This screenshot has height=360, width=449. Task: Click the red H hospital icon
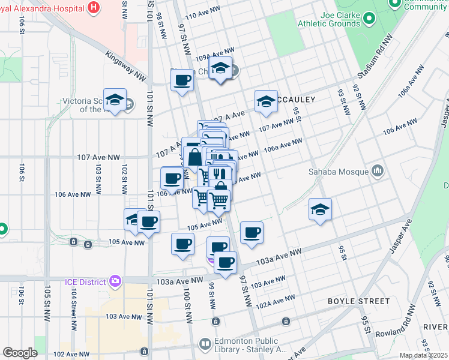pyautogui.click(x=93, y=8)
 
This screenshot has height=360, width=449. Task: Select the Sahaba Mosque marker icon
pyautogui.click(x=377, y=172)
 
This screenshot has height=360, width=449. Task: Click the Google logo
pyautogui.click(x=20, y=353)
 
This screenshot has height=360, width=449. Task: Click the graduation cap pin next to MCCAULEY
pyautogui.click(x=266, y=101)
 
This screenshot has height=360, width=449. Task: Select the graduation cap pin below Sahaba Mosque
pyautogui.click(x=321, y=209)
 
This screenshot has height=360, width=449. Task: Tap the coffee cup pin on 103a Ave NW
pyautogui.click(x=225, y=263)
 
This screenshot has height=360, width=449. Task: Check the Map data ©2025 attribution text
pyautogui.click(x=424, y=355)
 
